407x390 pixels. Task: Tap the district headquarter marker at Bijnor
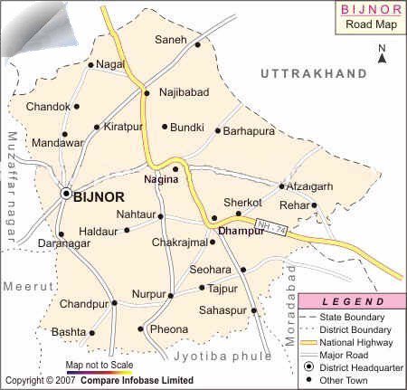click(65, 194)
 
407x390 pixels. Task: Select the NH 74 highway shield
click(273, 233)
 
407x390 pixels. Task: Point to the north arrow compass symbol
click(382, 53)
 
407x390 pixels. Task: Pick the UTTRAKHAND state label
click(312, 72)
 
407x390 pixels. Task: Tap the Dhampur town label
click(241, 232)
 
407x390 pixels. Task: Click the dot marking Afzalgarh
click(281, 186)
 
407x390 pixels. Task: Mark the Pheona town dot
click(141, 329)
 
